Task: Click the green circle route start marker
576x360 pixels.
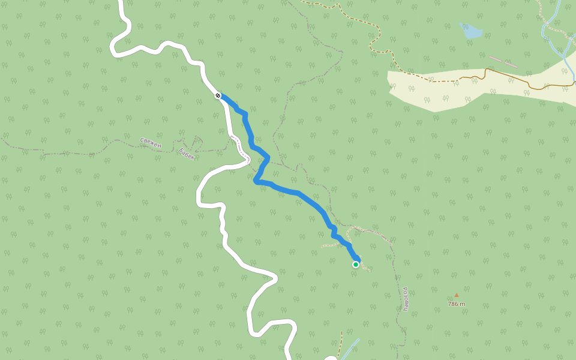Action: click(356, 264)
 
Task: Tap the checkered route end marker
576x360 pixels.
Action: click(218, 95)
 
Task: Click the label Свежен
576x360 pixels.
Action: click(151, 142)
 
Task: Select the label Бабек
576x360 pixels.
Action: click(187, 154)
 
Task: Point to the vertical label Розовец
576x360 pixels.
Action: click(406, 299)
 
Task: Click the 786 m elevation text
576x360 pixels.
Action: click(456, 304)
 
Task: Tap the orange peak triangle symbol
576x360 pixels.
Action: click(456, 295)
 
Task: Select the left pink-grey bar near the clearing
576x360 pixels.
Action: click(496, 59)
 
